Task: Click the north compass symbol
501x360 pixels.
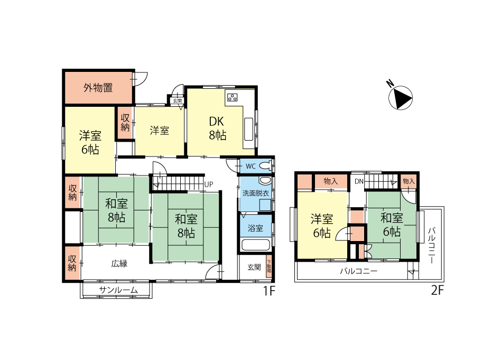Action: point(401,97)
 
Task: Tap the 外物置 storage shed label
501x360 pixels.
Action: point(98,88)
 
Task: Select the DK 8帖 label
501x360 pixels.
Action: point(217,128)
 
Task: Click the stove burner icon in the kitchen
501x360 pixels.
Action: point(233,97)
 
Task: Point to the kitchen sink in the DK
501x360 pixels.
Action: point(248,129)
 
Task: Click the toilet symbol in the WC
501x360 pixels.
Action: point(265,166)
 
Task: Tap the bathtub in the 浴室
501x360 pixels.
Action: point(256,245)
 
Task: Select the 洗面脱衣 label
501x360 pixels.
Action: point(256,193)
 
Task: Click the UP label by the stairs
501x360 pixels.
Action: point(208,184)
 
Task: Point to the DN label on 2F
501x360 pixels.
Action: point(359,181)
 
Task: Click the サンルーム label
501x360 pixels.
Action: point(118,290)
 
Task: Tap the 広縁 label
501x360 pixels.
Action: point(119,264)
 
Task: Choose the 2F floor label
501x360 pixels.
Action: point(438,290)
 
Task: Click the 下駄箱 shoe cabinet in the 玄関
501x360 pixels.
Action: point(268,266)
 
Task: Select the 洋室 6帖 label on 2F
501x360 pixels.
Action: point(322,226)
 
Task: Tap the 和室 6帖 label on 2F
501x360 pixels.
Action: point(392,225)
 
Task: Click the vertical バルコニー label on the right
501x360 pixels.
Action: point(432,245)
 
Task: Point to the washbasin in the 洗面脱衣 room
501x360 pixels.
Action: point(265,181)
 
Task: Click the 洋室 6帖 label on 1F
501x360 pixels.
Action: point(90,142)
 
